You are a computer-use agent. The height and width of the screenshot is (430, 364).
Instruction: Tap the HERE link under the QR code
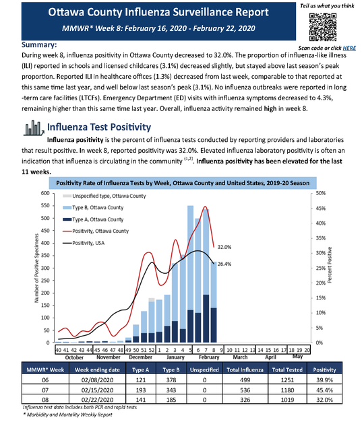coord(349,48)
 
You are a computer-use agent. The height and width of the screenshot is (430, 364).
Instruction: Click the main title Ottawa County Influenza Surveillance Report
coord(140,13)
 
